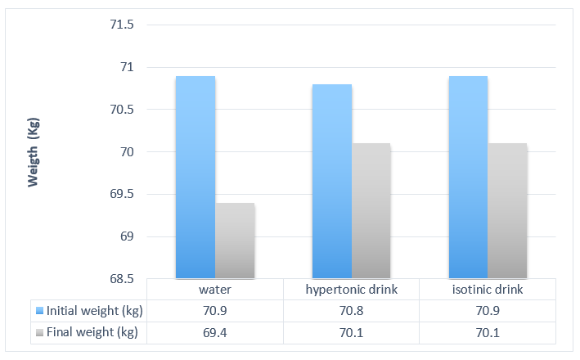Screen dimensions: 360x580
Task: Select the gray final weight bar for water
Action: [235, 241]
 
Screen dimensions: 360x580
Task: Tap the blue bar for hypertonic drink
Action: [332, 181]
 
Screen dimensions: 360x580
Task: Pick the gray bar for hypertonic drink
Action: [371, 210]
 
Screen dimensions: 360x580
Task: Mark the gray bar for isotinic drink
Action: [508, 210]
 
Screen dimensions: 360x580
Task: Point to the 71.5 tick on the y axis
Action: [122, 25]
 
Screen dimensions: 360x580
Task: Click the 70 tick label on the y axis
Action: [127, 152]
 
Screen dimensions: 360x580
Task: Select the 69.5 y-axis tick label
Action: [122, 195]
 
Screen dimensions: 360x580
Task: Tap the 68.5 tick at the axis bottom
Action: [122, 279]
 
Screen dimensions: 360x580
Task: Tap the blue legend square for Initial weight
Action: [40, 311]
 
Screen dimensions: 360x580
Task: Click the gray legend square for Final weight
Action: [40, 332]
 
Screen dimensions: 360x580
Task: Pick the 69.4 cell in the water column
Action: [215, 332]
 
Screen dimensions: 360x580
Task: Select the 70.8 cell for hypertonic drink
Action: [351, 311]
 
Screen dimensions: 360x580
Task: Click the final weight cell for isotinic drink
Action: [488, 332]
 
